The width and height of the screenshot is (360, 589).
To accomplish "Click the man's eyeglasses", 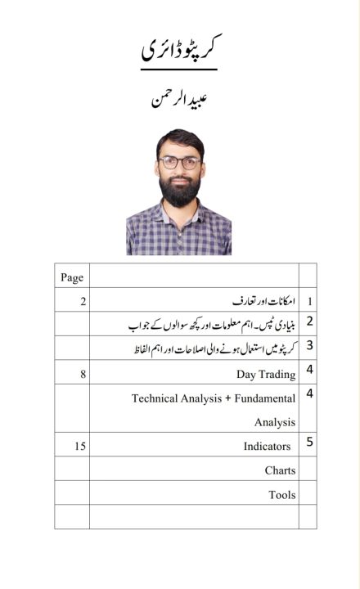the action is [180, 162].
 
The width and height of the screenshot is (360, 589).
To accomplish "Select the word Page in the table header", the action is [72, 277].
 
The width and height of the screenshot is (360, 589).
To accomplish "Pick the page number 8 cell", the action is [83, 374].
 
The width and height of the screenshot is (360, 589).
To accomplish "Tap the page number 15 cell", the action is [79, 447].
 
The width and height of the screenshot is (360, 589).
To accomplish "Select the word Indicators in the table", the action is [267, 447].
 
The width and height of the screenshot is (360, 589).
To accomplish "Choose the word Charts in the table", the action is [280, 470].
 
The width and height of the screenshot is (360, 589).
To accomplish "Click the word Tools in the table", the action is [281, 495].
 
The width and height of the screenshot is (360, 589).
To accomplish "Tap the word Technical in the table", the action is [155, 398].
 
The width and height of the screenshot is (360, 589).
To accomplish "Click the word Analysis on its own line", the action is [274, 423].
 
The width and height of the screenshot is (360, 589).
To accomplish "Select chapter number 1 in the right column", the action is [309, 302].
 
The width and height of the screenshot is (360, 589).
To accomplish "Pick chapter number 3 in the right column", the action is [309, 345].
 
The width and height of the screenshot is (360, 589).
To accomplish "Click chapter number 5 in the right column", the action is [309, 443].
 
